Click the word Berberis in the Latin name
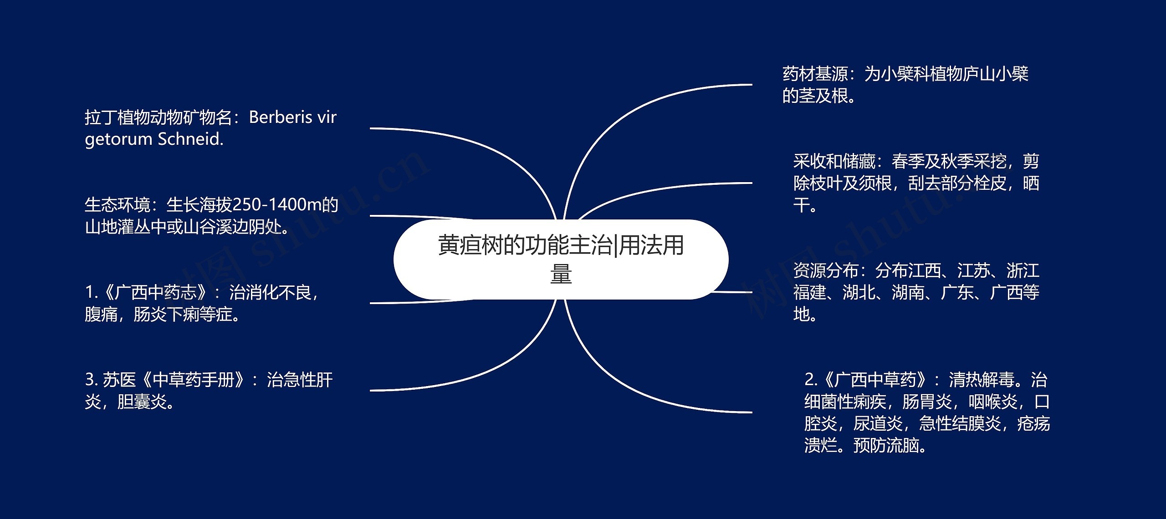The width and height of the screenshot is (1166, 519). point(280,117)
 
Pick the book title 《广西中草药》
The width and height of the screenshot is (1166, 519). point(875,380)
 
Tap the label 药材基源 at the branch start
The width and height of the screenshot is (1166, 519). point(815,74)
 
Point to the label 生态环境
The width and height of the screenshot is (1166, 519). point(117,205)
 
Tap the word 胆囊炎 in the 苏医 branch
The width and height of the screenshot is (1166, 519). point(142,402)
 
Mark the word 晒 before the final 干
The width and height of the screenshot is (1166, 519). point(1031,183)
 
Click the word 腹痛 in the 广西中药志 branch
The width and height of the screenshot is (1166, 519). point(101,315)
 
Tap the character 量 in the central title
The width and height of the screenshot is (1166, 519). point(561,275)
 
